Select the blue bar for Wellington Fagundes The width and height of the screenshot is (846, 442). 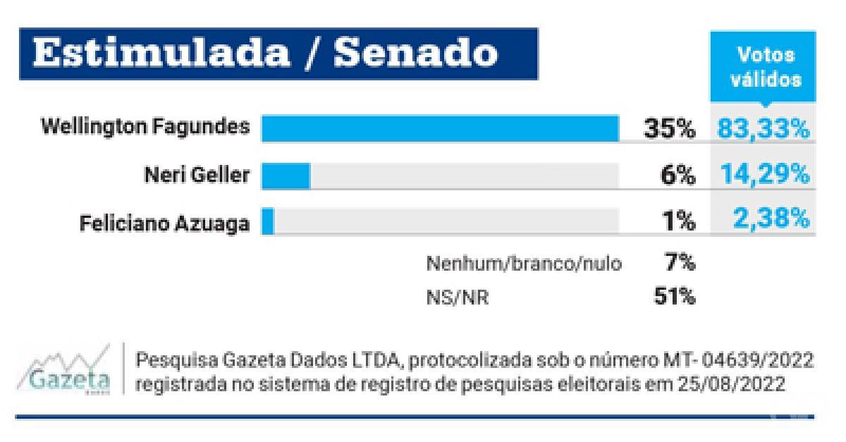coord(440,129)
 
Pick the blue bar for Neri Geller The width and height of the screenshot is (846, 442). coord(286,176)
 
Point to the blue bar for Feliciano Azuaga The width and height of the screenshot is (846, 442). coord(267,221)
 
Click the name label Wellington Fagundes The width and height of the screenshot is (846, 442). coord(145,128)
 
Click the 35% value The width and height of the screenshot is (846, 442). coord(668,130)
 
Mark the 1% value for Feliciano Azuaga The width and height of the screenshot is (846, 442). coord(680,222)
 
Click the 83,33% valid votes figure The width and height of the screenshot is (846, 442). coord(764,130)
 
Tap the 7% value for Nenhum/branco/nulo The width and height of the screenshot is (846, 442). coord(680,264)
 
